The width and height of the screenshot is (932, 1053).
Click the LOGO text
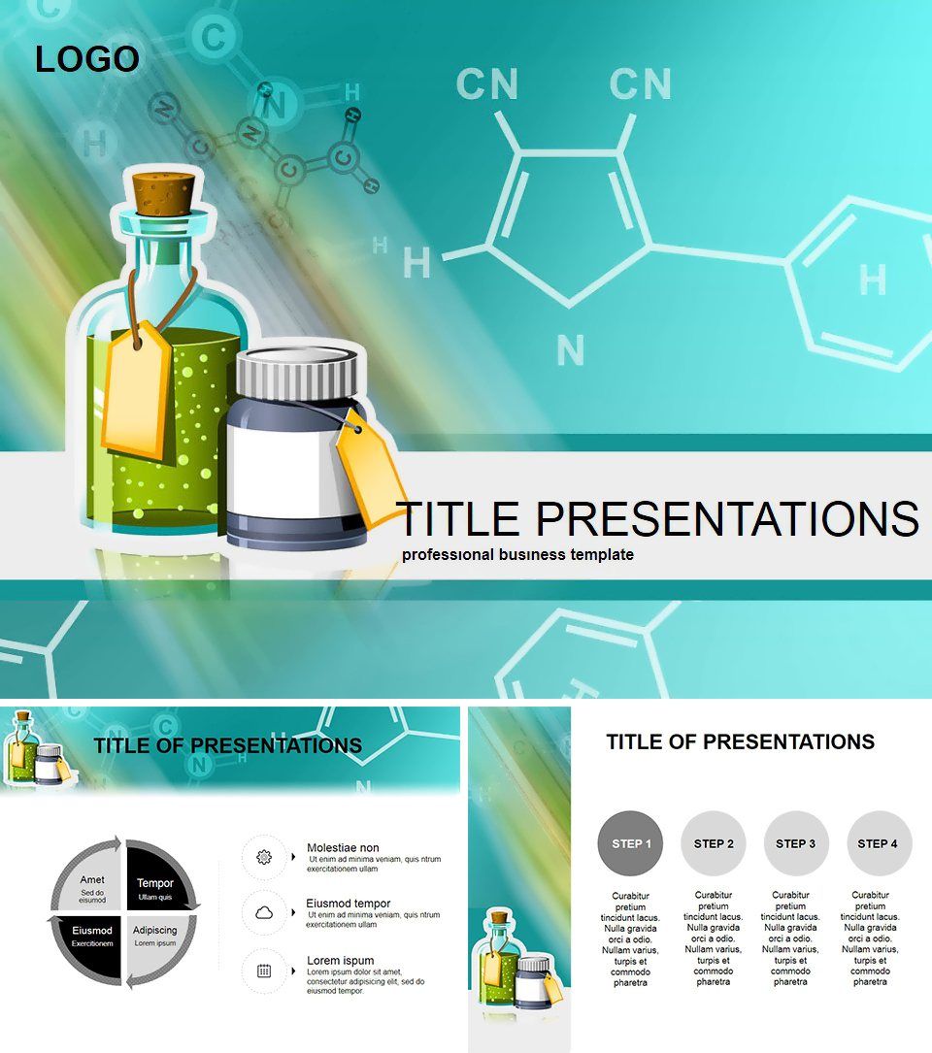(x=87, y=59)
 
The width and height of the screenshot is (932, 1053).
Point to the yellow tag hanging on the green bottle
(x=138, y=389)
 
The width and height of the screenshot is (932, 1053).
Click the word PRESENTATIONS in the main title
(x=728, y=519)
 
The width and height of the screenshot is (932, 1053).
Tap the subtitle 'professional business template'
(x=518, y=555)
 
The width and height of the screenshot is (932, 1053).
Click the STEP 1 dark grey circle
(x=631, y=843)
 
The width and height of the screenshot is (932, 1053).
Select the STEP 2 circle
(x=714, y=843)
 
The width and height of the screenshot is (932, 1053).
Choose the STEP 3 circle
(x=795, y=843)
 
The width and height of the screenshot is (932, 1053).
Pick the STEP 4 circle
(x=878, y=843)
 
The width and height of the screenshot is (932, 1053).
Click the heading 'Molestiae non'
(x=343, y=847)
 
